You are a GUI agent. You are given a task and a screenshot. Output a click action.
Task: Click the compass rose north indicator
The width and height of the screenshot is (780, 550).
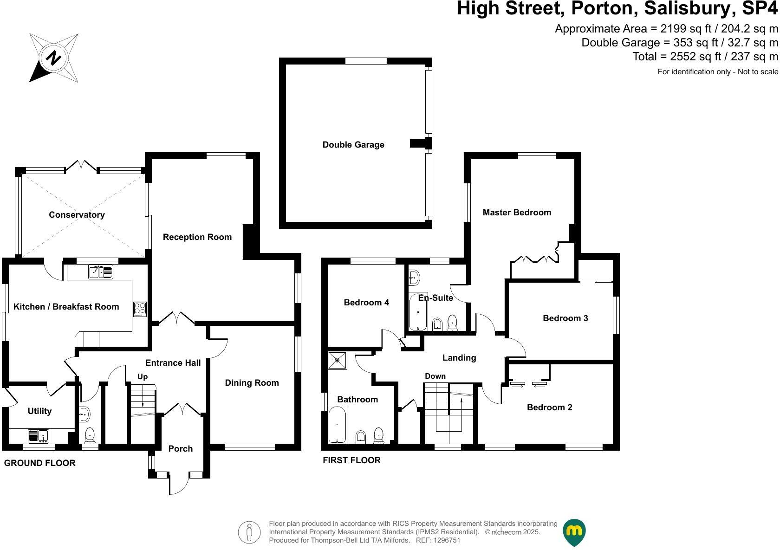click(54, 58)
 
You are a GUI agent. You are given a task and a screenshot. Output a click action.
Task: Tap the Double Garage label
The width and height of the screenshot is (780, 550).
click(353, 144)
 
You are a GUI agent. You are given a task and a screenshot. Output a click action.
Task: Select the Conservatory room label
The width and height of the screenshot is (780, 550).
click(77, 214)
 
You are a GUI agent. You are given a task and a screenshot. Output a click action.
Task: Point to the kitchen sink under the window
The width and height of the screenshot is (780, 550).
click(100, 272)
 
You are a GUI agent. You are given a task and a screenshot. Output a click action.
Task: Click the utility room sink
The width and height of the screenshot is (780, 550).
click(39, 436)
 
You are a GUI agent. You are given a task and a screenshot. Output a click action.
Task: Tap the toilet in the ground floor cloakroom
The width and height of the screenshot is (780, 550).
click(90, 435)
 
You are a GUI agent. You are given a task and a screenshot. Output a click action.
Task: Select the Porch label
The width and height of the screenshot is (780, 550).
click(180, 448)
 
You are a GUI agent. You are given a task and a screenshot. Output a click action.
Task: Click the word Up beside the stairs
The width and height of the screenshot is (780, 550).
click(143, 376)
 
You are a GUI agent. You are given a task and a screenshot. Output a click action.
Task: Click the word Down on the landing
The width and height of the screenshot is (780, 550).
click(435, 376)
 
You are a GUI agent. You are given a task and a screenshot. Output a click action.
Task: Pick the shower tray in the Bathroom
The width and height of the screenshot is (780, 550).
click(338, 360)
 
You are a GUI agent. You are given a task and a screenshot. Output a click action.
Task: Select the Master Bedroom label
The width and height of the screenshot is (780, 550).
click(517, 213)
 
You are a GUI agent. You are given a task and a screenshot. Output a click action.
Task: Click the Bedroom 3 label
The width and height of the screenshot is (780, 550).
click(565, 318)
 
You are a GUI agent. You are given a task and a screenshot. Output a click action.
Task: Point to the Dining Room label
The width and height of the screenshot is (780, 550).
click(252, 382)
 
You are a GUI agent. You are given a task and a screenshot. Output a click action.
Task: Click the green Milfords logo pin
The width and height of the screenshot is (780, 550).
click(574, 532)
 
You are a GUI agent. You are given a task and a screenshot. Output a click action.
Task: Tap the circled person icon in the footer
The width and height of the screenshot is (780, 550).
click(250, 532)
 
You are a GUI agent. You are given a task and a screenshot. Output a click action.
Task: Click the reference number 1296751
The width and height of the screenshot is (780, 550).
click(446, 540)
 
